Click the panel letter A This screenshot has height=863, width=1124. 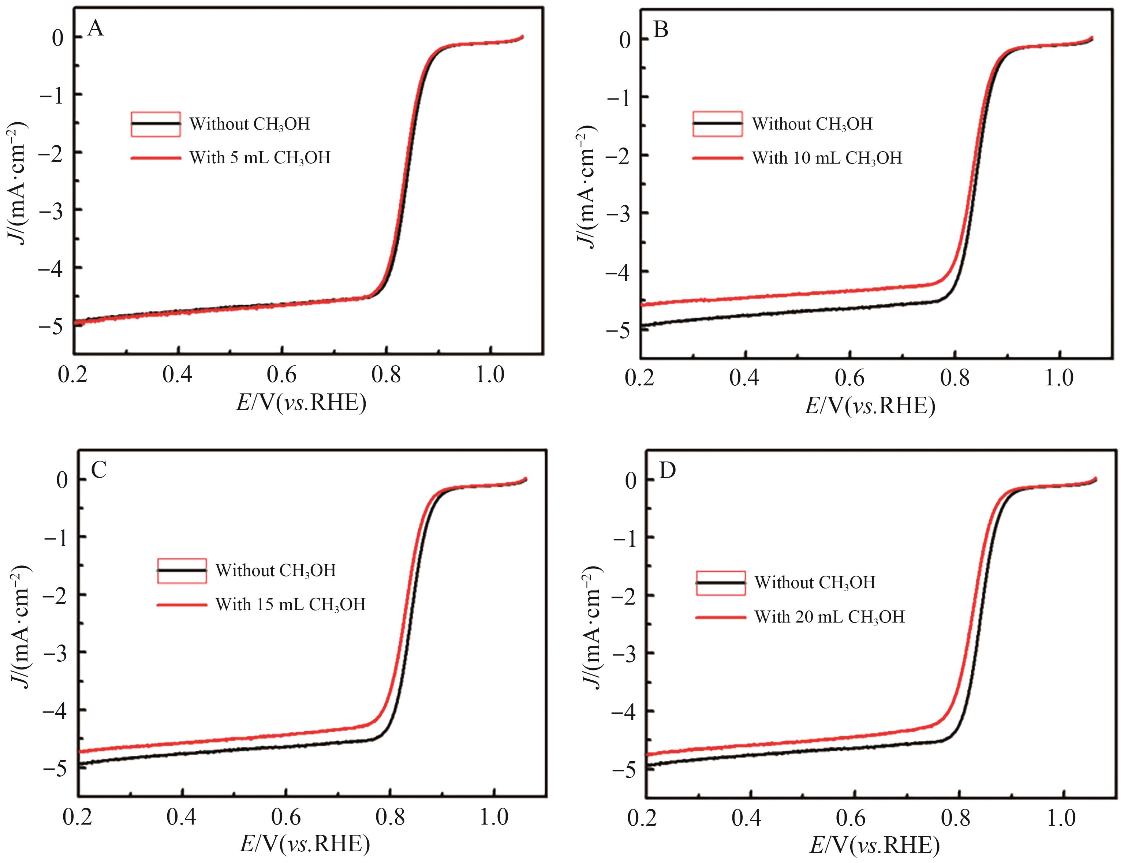pos(96,28)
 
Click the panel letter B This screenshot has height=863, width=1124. pos(661,30)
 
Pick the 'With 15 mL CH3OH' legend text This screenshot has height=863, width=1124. pos(290,604)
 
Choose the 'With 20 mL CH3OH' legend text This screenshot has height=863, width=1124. pos(829,616)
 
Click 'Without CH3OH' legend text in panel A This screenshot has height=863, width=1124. pos(250,124)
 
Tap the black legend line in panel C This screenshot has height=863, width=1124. pos(182,571)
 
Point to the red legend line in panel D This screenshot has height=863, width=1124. pos(720,616)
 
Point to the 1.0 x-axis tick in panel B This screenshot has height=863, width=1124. pos(1059,378)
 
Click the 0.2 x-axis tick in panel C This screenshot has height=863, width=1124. pos(78,818)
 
